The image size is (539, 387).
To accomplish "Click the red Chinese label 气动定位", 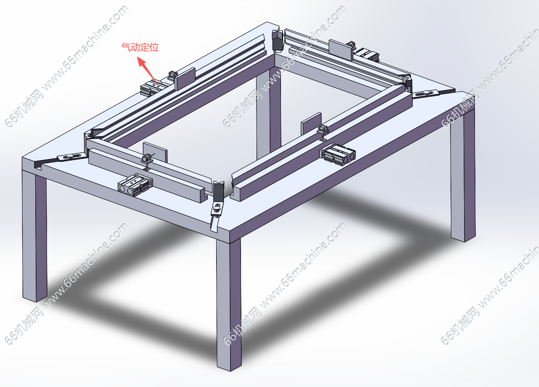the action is (140, 47).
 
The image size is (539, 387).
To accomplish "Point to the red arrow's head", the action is (141, 61).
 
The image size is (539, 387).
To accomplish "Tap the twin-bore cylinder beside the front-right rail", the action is (338, 155).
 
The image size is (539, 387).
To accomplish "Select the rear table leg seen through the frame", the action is (269, 113).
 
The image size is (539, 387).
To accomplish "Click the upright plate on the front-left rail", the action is (155, 152).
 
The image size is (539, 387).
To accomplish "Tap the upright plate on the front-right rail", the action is (311, 124).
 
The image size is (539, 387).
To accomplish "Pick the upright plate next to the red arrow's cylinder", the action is (185, 79).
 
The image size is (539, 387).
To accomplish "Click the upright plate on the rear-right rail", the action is (341, 50).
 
